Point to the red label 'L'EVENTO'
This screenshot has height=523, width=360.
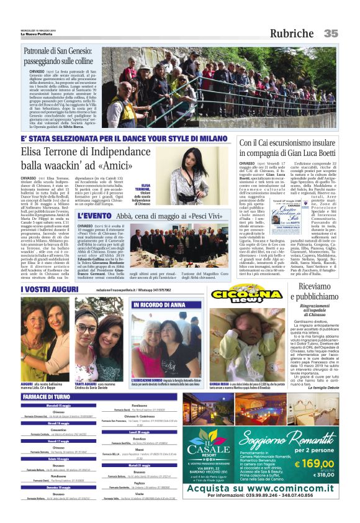pyautogui.click(x=94, y=216)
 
